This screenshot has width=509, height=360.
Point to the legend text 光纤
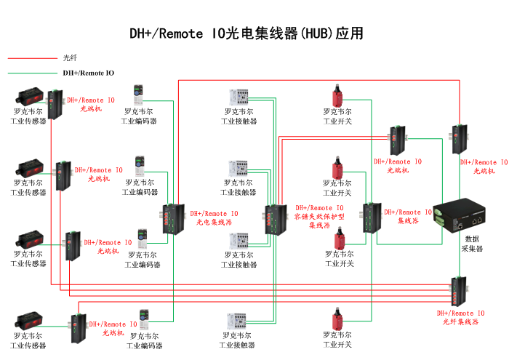pos(70,58)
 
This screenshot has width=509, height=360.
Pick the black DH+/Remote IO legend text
pos(88,73)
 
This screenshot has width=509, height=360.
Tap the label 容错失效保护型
pos(320,217)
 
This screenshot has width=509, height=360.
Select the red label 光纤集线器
pos(460,321)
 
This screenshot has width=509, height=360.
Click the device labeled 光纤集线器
pos(458,292)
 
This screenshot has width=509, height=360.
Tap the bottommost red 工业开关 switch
pos(337,319)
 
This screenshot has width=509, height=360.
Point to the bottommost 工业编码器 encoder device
pos(145,318)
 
